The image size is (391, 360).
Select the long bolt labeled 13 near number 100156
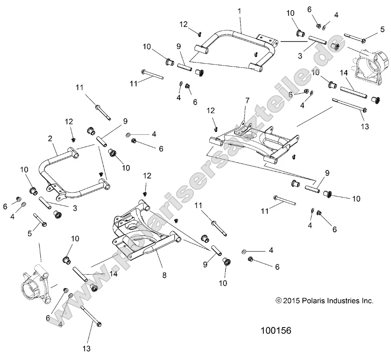pos(91,315)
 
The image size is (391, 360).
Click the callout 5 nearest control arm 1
pos(382,29)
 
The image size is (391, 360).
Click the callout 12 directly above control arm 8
pos(147,175)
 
